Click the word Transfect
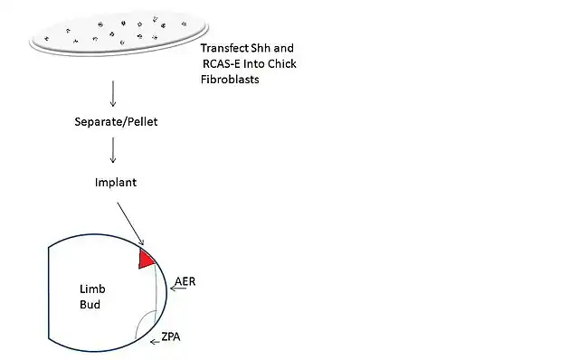point(224,48)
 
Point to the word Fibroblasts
point(230,80)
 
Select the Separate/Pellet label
point(116,121)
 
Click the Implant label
point(116,183)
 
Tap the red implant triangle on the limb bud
point(145,259)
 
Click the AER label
point(185,281)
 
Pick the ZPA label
point(171,336)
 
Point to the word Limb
point(92,289)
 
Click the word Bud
point(90,305)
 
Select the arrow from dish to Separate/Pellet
point(113,94)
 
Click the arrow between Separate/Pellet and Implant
point(113,150)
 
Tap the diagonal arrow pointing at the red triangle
point(130,224)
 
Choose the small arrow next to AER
point(178,289)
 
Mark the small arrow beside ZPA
point(155,342)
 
